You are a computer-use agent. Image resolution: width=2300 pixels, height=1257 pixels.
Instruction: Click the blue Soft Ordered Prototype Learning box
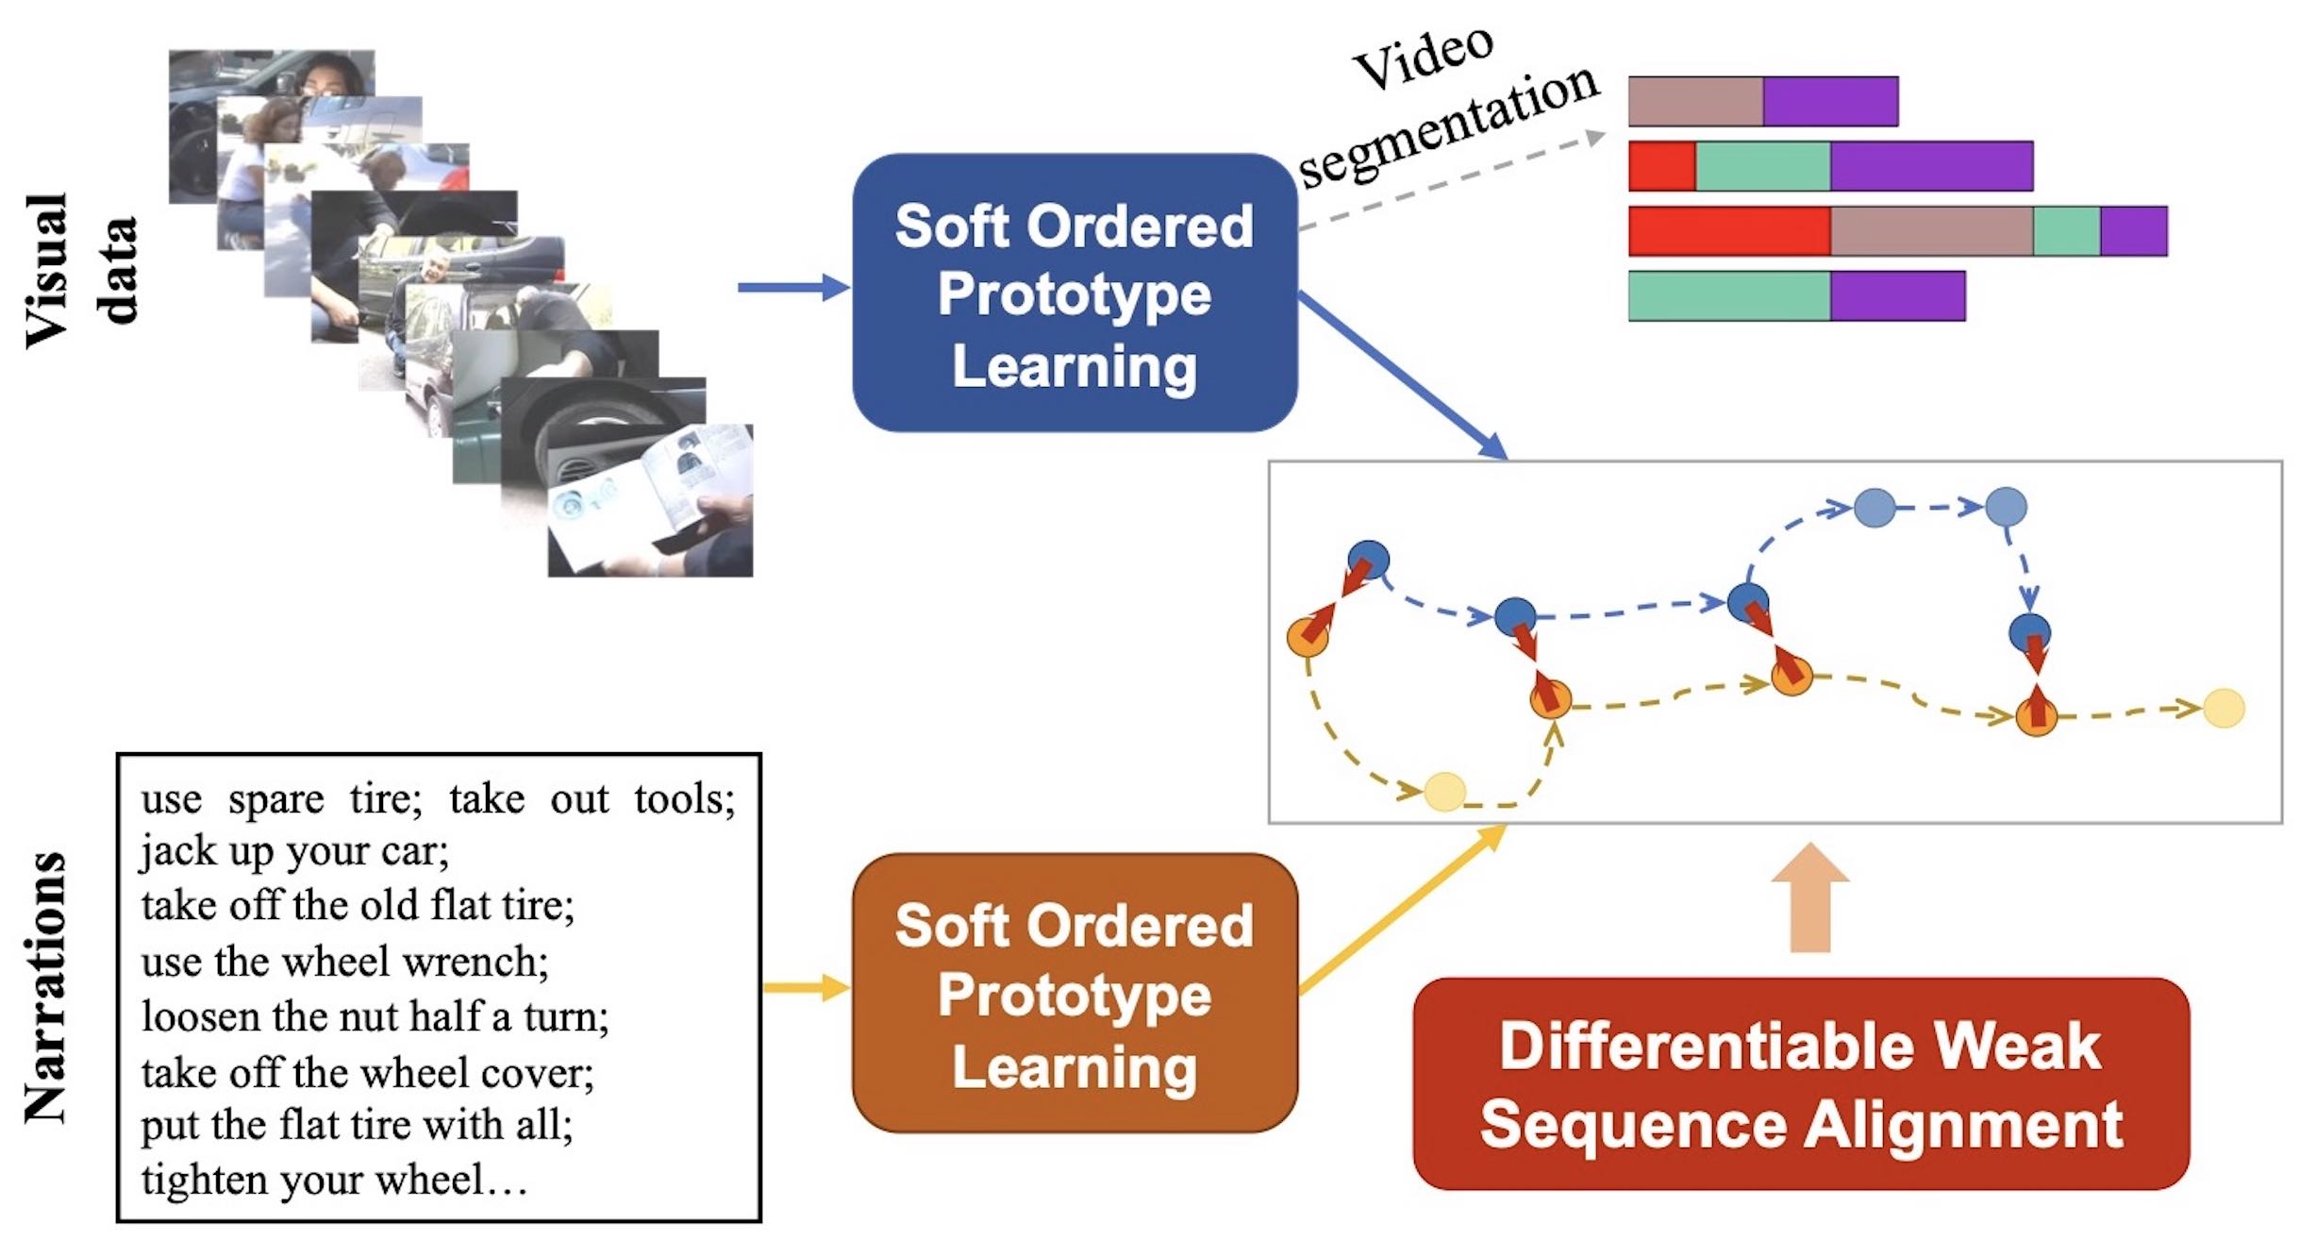(x=1074, y=293)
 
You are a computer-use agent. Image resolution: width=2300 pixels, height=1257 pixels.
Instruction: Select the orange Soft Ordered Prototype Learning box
(x=1074, y=994)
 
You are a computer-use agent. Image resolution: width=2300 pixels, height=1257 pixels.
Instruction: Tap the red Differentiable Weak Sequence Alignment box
(x=1800, y=1084)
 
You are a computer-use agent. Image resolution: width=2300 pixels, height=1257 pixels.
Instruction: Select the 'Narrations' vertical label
(x=45, y=987)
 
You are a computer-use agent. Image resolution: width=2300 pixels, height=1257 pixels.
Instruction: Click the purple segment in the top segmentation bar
(x=1829, y=101)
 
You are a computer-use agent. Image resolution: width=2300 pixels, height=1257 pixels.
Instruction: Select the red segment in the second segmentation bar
(x=1661, y=166)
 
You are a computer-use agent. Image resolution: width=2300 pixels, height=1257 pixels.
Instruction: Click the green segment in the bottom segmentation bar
(x=1728, y=296)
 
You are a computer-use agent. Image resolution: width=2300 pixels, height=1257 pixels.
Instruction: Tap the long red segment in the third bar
(x=1728, y=231)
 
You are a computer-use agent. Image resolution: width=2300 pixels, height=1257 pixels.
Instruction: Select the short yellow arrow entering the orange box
(x=805, y=988)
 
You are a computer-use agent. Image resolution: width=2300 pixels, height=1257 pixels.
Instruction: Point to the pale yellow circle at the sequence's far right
(x=2223, y=708)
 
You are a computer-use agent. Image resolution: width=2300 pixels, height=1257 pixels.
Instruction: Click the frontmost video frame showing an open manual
(x=650, y=500)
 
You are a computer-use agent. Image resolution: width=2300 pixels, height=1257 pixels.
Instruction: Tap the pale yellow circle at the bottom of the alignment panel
(x=1444, y=792)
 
